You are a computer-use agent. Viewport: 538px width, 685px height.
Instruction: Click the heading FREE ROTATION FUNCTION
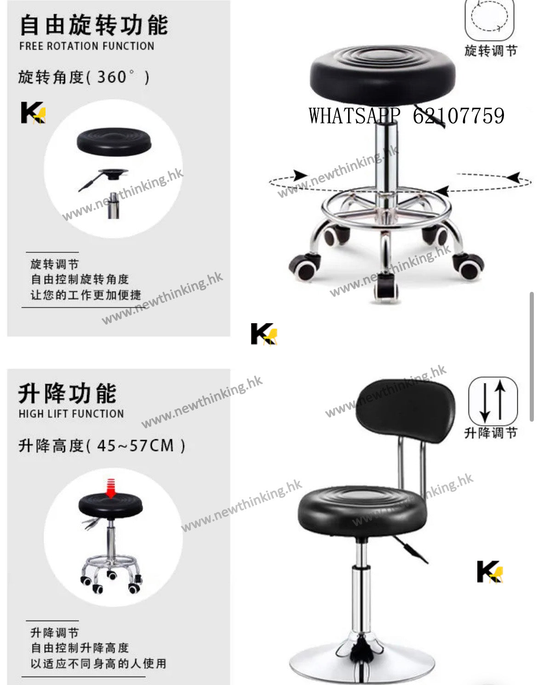pyautogui.click(x=87, y=46)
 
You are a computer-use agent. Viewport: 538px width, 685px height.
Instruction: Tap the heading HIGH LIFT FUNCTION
pyautogui.click(x=71, y=414)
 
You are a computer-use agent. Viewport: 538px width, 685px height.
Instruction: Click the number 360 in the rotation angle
pyautogui.click(x=112, y=77)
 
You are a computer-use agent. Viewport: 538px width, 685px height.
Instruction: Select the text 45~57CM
pyautogui.click(x=136, y=446)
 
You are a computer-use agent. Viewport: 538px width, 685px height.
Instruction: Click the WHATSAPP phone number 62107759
pyautogui.click(x=458, y=116)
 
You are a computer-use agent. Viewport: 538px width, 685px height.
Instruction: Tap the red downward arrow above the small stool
pyautogui.click(x=111, y=488)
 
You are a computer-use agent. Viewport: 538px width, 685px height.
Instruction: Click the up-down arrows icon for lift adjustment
pyautogui.click(x=493, y=401)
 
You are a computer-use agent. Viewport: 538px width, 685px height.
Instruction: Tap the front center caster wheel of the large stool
pyautogui.click(x=386, y=290)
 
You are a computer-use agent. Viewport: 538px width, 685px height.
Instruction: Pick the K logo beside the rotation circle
pyautogui.click(x=34, y=112)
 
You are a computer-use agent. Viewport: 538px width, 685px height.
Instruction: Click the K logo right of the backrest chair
pyautogui.click(x=490, y=572)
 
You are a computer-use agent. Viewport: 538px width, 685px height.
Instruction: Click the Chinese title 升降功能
pyautogui.click(x=68, y=394)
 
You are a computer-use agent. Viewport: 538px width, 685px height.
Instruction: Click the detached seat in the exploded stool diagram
pyautogui.click(x=114, y=142)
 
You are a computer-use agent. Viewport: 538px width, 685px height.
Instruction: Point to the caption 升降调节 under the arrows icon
pyautogui.click(x=491, y=433)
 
